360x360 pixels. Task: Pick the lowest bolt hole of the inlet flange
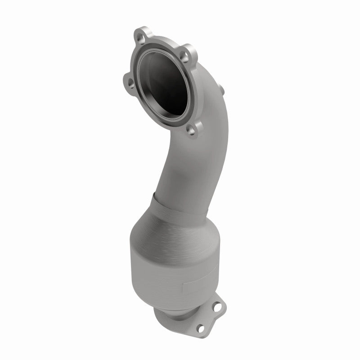coord(192,130)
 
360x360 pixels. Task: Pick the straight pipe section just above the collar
coord(189,175)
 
